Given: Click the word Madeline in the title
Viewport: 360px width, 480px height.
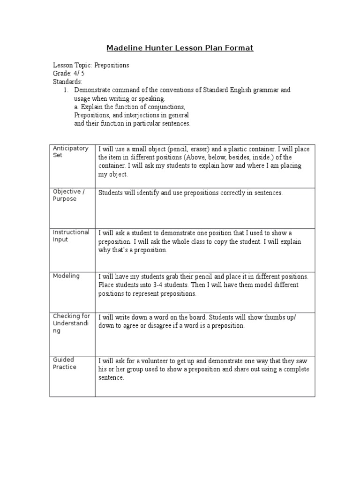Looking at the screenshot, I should [x=123, y=48].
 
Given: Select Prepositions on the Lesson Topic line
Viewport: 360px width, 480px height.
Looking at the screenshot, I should [x=112, y=65].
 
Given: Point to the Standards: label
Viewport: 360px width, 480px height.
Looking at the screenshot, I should [x=67, y=82].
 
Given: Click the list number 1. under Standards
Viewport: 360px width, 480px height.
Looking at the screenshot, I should [x=66, y=90].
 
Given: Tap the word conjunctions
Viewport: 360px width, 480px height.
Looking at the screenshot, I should [x=166, y=107].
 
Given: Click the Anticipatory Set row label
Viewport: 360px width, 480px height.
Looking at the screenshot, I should [x=70, y=152].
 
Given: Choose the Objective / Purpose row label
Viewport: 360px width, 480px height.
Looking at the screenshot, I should [x=68, y=195].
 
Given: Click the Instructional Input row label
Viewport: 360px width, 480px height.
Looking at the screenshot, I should [x=71, y=236].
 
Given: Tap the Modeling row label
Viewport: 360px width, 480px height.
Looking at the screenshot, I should [x=66, y=276].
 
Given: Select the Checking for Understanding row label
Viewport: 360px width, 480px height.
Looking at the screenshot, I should [x=71, y=323].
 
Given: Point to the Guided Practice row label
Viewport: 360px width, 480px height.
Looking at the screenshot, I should [x=65, y=363].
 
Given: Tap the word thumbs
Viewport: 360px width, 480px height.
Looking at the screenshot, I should [x=271, y=317].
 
